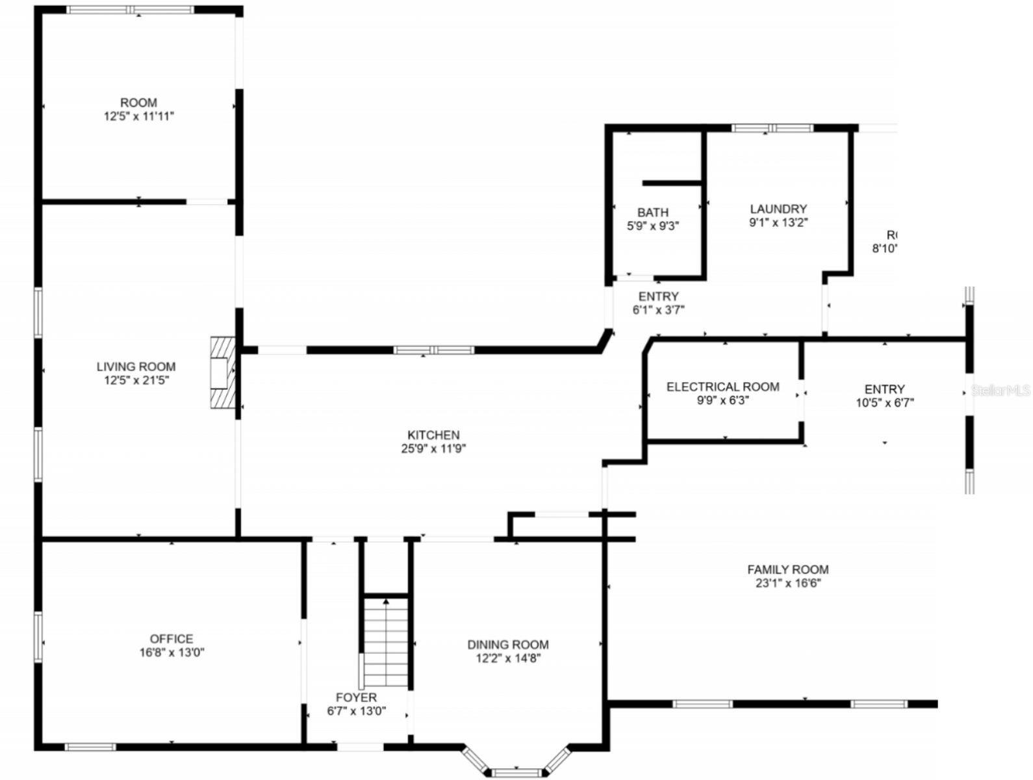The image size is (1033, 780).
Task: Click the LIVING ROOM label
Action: (x=136, y=367)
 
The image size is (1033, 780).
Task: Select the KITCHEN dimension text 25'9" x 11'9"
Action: (x=433, y=448)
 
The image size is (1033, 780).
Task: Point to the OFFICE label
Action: (x=172, y=639)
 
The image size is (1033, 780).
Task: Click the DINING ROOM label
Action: (x=508, y=645)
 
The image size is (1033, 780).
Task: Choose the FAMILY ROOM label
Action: (x=787, y=570)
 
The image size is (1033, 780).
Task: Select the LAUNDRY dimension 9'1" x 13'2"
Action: (x=778, y=222)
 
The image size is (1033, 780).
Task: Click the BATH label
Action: (x=653, y=213)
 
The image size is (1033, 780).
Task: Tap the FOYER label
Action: (x=356, y=697)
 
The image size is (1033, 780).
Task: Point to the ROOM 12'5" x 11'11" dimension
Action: (x=138, y=116)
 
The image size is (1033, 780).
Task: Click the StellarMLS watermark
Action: (x=1001, y=390)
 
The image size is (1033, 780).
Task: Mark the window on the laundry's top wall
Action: (x=772, y=128)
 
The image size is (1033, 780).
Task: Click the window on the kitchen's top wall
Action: (x=434, y=350)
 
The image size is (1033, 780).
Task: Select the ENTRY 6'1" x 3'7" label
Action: (x=658, y=296)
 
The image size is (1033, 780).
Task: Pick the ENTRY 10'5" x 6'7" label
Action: (x=884, y=389)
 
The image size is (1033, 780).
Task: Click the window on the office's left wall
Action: (x=38, y=636)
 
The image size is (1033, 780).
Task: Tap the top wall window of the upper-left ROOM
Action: (x=131, y=10)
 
